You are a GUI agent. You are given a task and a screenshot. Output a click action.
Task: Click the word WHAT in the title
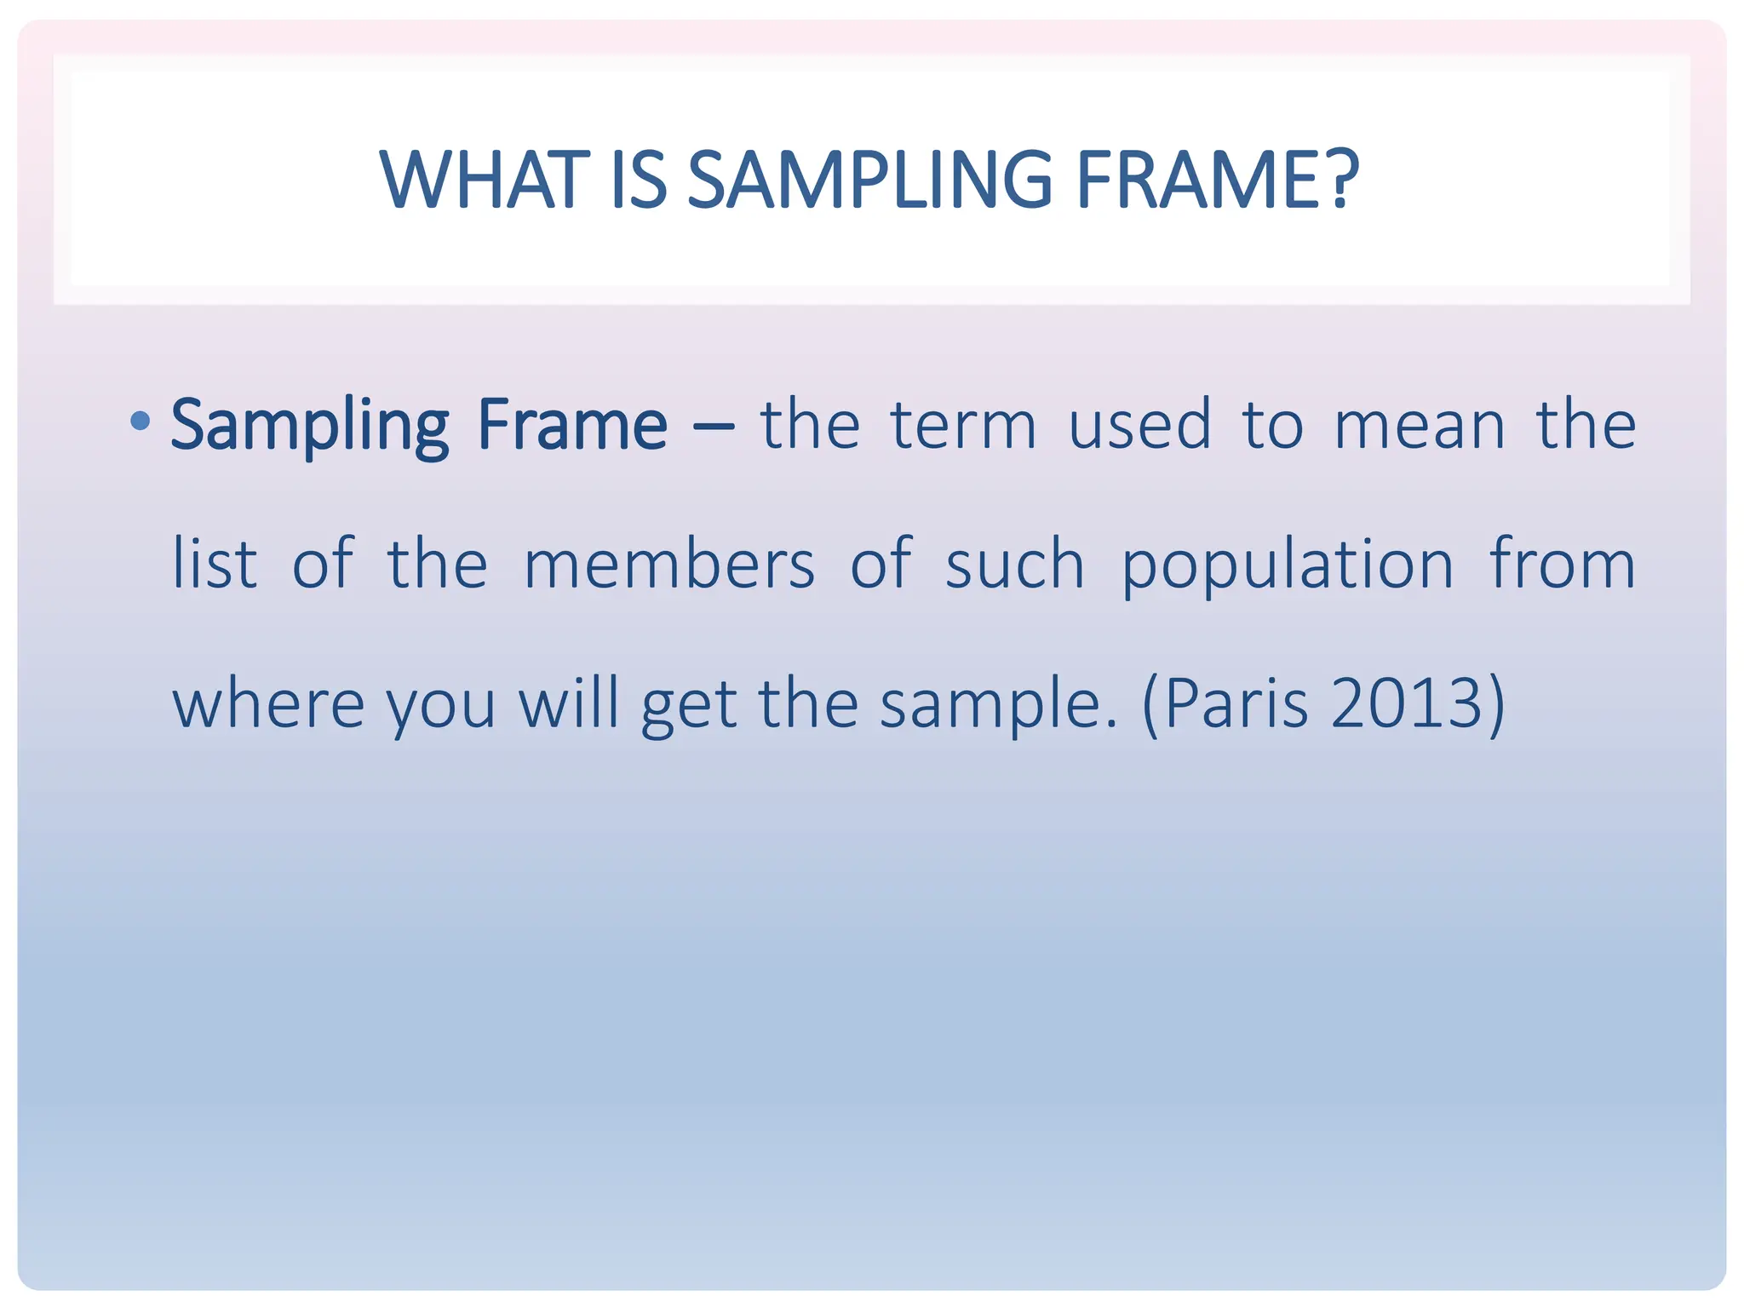[x=485, y=180]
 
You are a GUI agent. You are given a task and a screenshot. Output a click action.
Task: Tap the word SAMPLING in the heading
[x=869, y=180]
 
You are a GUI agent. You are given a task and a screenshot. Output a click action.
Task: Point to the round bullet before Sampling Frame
[x=141, y=420]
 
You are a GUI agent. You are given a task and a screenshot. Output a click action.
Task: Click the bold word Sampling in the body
[x=309, y=426]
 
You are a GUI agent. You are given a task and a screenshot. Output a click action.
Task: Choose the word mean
[x=1419, y=426]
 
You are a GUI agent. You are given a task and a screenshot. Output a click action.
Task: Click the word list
[x=214, y=564]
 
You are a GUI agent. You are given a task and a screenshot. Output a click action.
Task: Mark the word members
[x=669, y=564]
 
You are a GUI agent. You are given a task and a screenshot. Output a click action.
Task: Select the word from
[x=1562, y=564]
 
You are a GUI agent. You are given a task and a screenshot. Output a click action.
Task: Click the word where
[x=269, y=704]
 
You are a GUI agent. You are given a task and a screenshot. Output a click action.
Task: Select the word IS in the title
[x=639, y=180]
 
